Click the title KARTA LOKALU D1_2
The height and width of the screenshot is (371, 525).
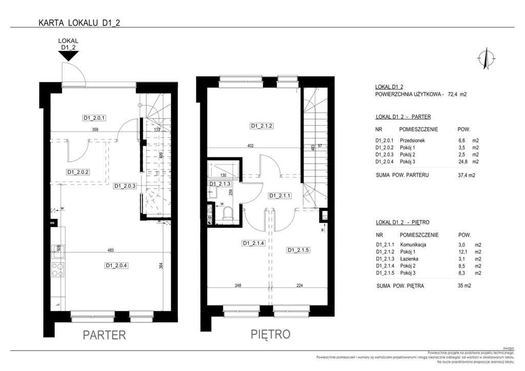(79, 23)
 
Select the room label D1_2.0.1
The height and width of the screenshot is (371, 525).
(94, 118)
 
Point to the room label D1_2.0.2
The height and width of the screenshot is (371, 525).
(78, 172)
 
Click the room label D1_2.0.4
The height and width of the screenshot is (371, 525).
(116, 265)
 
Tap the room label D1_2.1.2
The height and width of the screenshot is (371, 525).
(261, 126)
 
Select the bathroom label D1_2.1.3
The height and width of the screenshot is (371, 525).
(219, 183)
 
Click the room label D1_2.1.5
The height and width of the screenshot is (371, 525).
(299, 250)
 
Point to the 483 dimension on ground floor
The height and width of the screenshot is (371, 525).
(110, 251)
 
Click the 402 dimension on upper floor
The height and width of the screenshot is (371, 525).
(251, 146)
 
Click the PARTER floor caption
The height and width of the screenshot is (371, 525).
(104, 335)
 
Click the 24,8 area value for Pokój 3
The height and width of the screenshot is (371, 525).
(461, 162)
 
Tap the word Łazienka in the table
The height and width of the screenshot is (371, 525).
(405, 259)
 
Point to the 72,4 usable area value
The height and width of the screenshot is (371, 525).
(454, 94)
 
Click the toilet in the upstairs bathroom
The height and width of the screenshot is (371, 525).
(227, 214)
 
